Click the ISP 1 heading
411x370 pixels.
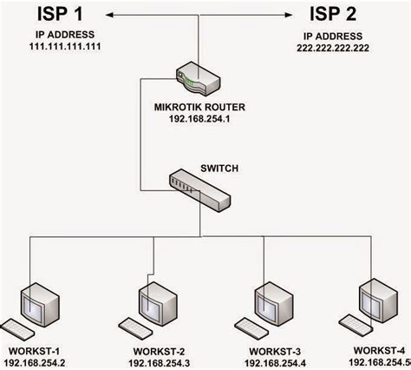coord(60,14)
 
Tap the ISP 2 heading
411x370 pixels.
coord(333,14)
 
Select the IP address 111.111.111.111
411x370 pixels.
coord(65,46)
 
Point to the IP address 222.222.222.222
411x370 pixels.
coord(333,48)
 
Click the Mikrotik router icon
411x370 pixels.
coord(199,78)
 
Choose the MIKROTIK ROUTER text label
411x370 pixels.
coord(199,107)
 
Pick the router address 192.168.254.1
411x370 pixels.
coord(199,119)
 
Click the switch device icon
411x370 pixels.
coord(199,190)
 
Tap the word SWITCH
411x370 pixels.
coord(219,168)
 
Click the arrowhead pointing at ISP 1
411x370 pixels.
coord(109,15)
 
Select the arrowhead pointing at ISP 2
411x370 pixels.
coord(289,15)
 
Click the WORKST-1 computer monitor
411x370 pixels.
coord(40,305)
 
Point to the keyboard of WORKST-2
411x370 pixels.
coord(135,328)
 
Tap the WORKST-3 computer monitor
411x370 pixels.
coord(274,304)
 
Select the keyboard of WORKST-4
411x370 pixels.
coord(356,326)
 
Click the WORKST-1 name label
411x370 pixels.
coord(34,351)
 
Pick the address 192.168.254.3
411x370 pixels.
coord(159,363)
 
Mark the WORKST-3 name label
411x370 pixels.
coord(275,352)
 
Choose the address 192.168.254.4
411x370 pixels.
coord(275,363)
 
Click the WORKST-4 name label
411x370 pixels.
coord(379,350)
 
